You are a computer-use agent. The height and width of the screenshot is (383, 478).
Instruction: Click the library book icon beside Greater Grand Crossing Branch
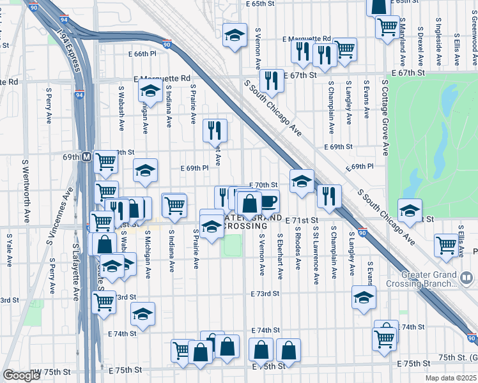pos(466,278)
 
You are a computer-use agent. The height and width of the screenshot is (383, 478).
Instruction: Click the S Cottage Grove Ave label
pos(385,117)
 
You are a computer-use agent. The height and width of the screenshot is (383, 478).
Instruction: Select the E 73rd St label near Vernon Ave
pos(266,294)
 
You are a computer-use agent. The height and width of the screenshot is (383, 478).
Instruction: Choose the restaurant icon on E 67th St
pos(272,80)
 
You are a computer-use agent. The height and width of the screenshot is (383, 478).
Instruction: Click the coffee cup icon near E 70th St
pos(268,201)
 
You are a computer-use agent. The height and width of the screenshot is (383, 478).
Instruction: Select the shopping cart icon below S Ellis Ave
pos(445,244)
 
